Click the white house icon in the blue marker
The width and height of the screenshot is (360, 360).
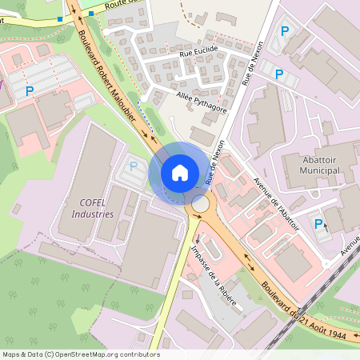(x=180, y=173)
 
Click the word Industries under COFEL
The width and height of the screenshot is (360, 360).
(x=93, y=214)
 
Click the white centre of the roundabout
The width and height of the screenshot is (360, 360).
(x=200, y=205)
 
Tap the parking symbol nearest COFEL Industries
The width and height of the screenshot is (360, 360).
(x=134, y=166)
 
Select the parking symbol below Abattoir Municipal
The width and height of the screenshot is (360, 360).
(x=318, y=223)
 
